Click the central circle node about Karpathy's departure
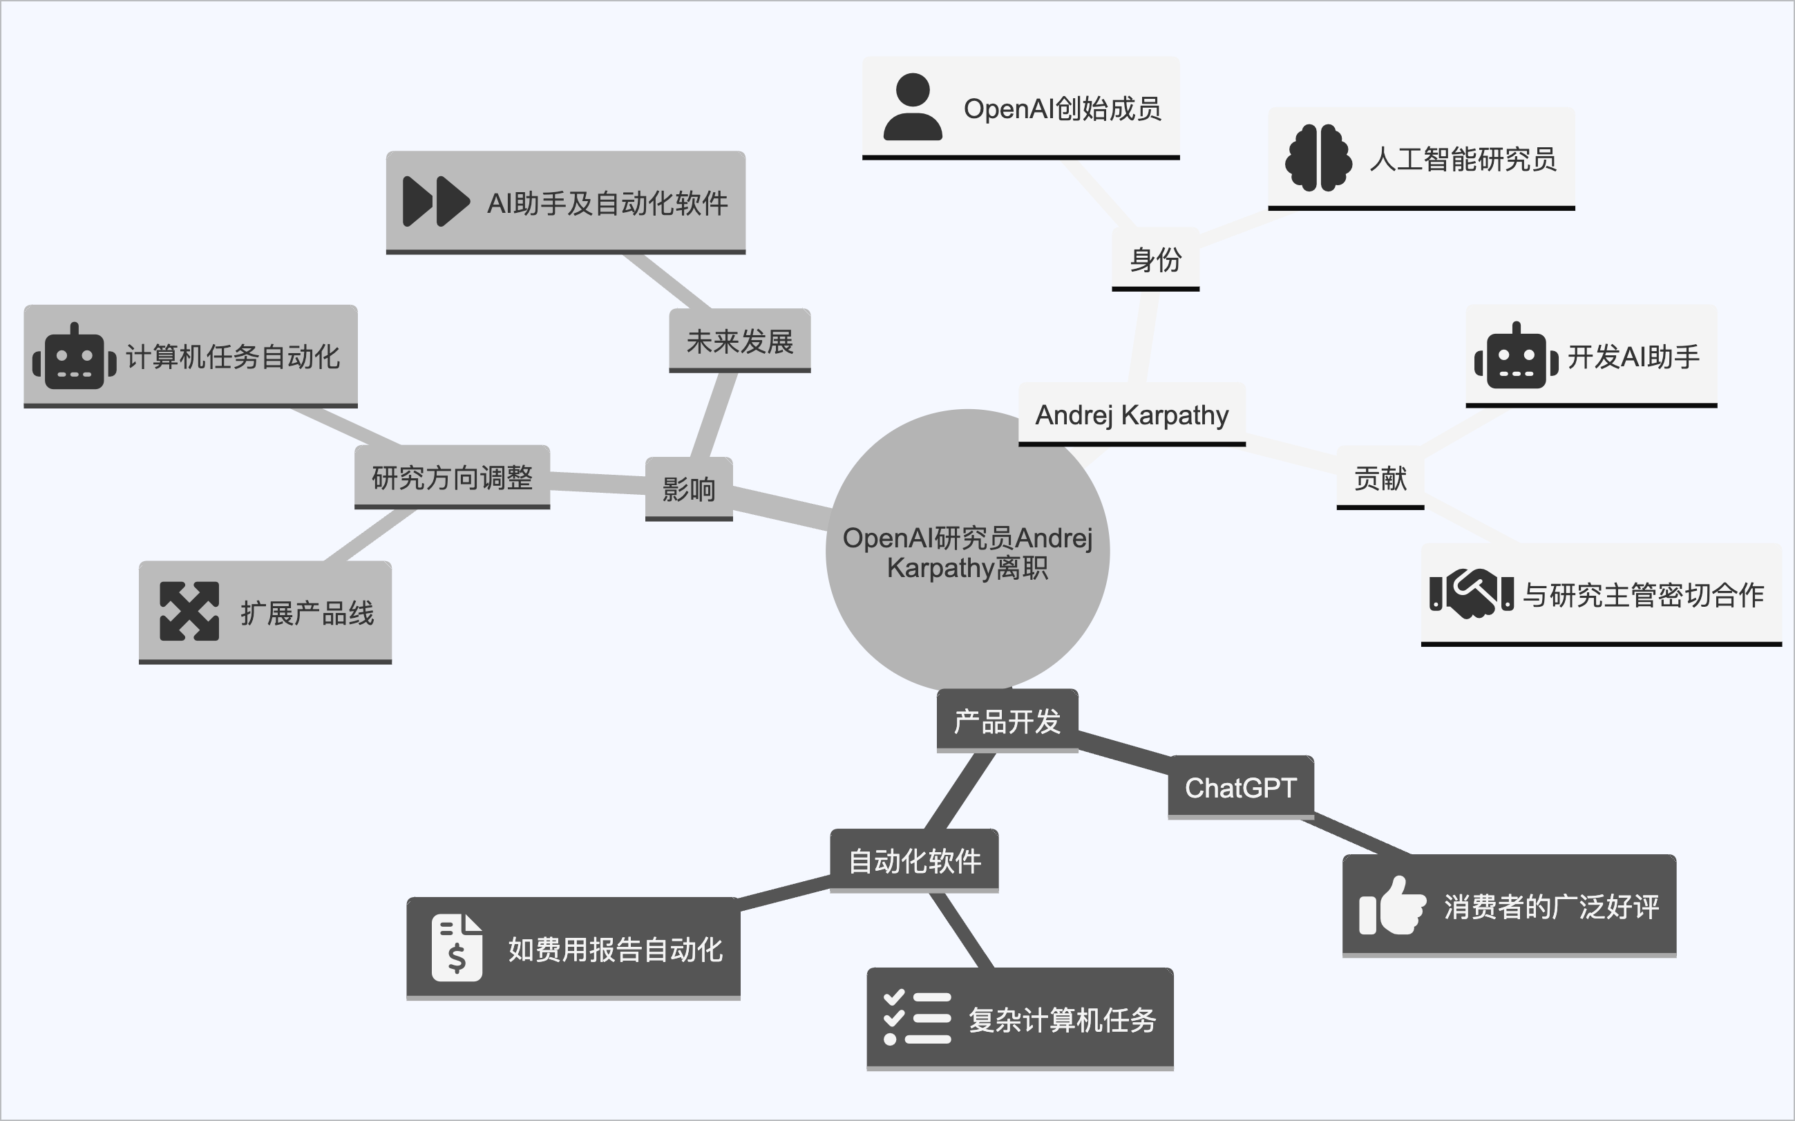coord(967,552)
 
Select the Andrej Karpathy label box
coord(1132,415)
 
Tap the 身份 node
coord(1155,259)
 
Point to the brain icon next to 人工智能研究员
coord(1318,158)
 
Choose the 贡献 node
coord(1380,478)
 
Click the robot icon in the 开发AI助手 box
coord(1517,357)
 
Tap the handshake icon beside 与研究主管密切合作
coord(1471,594)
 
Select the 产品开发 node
coord(1007,722)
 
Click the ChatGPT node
coord(1241,787)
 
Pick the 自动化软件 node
coord(915,860)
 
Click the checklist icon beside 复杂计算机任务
coord(918,1018)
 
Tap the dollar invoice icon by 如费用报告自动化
coord(457,948)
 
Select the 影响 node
coord(689,489)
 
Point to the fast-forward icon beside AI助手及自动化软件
coord(436,202)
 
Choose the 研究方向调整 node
coord(452,478)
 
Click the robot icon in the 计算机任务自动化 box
coord(74,357)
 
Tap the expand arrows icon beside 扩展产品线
coord(189,612)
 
